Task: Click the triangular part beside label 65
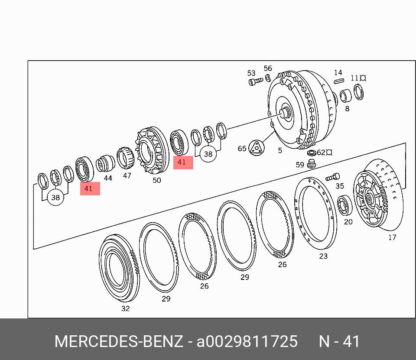click(257, 148)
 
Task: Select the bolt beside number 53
click(256, 81)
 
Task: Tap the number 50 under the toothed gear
click(156, 180)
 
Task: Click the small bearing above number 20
click(344, 205)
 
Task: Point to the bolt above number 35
click(333, 177)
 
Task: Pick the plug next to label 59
click(312, 164)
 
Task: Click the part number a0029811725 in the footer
click(247, 341)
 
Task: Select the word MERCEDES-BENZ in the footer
click(119, 341)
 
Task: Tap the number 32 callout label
click(126, 308)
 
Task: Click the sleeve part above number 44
click(105, 164)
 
